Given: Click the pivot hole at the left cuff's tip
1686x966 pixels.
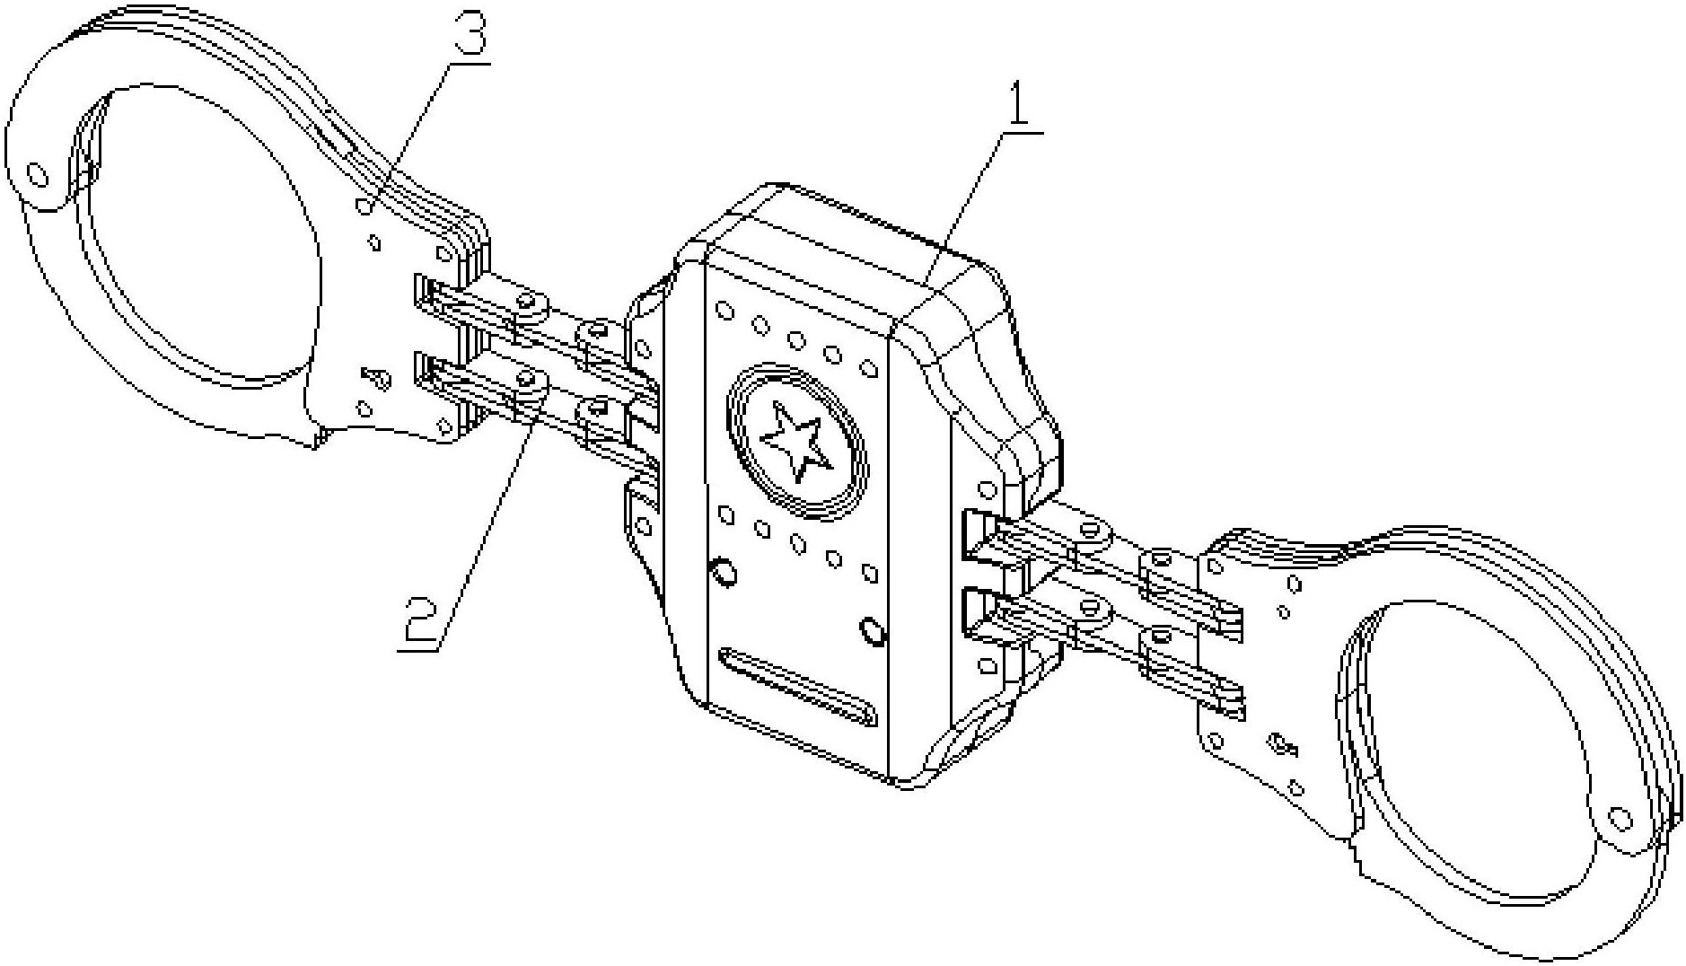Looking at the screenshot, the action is pos(38,173).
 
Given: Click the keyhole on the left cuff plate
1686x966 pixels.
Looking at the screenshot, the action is pos(377,378).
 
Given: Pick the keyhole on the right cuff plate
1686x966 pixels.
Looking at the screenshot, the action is pos(1280,744).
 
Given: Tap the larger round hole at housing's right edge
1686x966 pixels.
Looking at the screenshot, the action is pos(873,631).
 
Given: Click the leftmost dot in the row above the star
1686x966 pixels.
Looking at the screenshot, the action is pos(724,312).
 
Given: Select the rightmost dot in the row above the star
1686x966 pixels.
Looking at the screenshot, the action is pos(868,368).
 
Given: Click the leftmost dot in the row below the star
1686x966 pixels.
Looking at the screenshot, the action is pos(727,515).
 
